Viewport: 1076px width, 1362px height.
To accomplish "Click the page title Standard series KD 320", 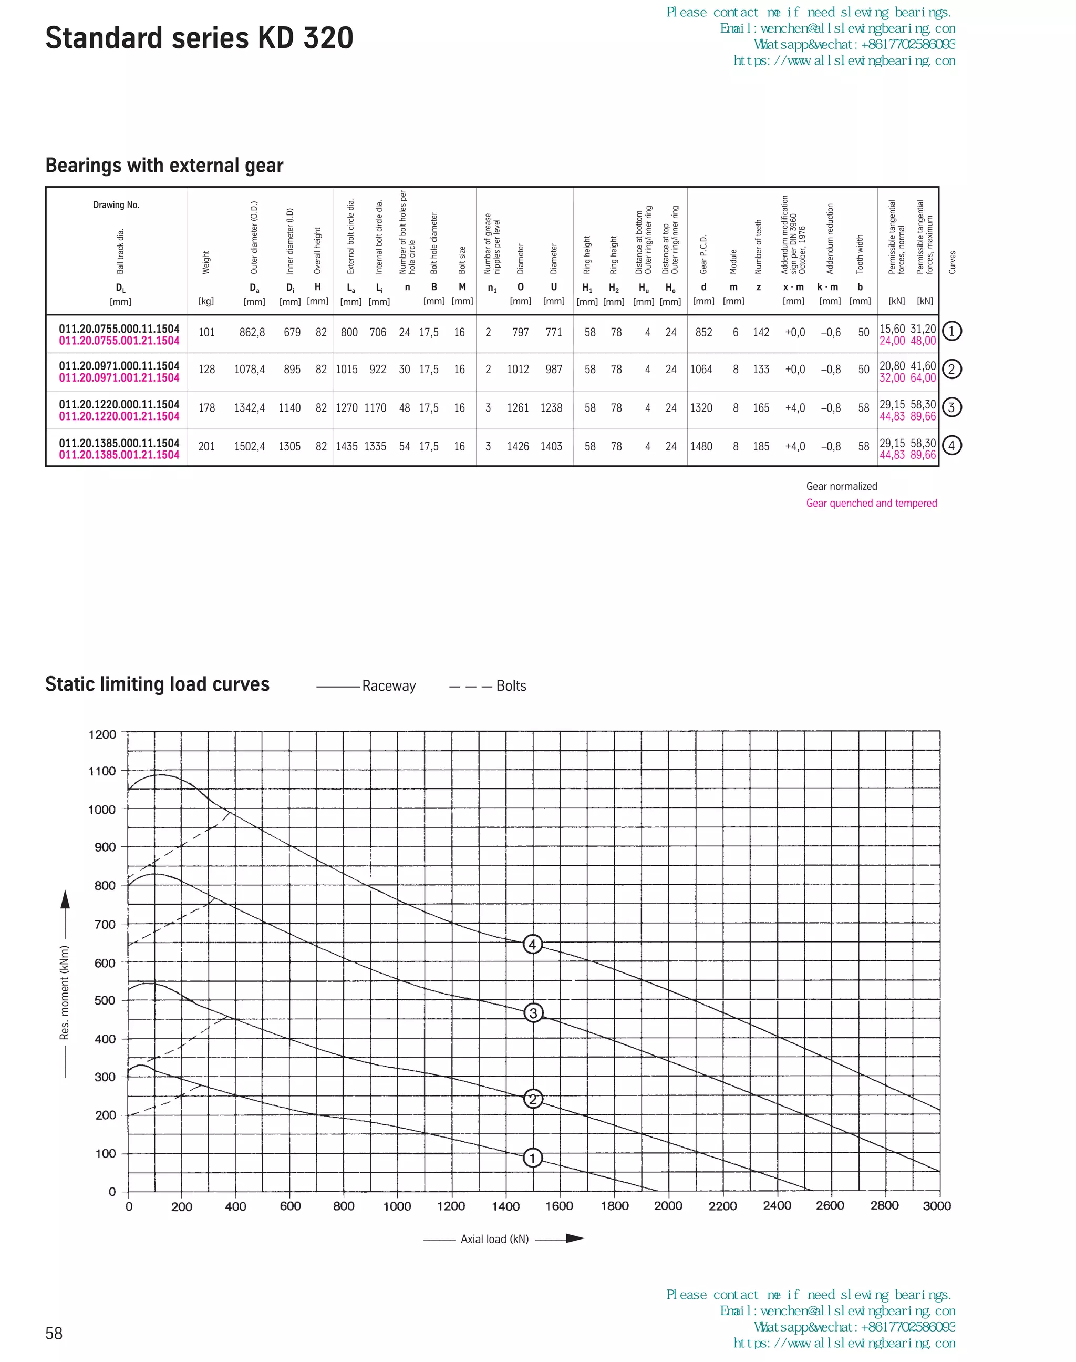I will (199, 38).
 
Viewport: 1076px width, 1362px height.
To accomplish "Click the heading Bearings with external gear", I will (164, 166).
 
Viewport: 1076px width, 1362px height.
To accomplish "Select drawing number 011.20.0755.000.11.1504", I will (119, 329).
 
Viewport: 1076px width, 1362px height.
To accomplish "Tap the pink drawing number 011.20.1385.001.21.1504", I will (119, 455).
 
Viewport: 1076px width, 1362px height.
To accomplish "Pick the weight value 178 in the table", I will (206, 408).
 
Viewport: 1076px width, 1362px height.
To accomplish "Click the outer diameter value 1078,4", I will (250, 370).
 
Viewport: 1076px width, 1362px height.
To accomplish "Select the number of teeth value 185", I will (761, 446).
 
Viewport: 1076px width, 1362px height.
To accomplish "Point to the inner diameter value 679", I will (292, 332).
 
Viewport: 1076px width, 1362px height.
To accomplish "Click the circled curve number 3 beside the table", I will (951, 407).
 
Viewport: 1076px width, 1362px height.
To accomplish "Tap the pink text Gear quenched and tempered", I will (871, 503).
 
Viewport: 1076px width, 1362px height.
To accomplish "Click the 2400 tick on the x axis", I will (777, 1206).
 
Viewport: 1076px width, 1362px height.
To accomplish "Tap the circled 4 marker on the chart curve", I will (533, 944).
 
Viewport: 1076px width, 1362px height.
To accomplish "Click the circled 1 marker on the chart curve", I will (533, 1158).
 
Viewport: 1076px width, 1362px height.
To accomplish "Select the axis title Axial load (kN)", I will (494, 1239).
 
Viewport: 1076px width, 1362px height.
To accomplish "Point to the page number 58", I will (54, 1333).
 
